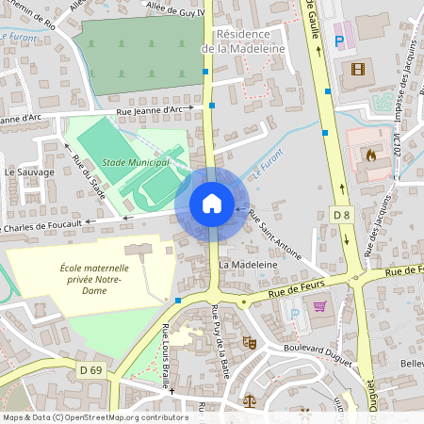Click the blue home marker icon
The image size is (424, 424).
point(211,203)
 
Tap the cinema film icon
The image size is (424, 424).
point(357,68)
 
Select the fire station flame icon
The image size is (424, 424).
point(369,154)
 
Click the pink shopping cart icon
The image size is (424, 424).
point(319,305)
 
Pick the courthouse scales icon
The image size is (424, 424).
point(249,400)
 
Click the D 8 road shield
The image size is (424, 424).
point(342,216)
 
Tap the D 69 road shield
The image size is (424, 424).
point(90,370)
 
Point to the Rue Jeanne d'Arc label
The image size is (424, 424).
point(149,110)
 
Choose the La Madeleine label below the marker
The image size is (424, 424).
point(248,266)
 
